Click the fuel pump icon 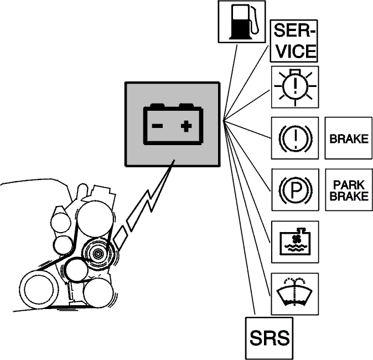pos(242,22)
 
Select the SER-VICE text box pos(294,41)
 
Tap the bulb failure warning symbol pos(295,87)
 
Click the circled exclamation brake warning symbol pos(295,138)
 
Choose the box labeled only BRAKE pos(349,138)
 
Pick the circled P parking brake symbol pos(295,190)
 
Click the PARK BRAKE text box pos(349,190)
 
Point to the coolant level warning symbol pos(295,242)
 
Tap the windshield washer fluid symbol pos(295,294)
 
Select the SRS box pos(270,338)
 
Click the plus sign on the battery pos(186,126)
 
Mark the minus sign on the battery pos(157,126)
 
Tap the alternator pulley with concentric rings pos(97,254)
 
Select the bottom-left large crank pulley pos(39,290)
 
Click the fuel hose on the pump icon pos(254,20)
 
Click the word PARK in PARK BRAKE pos(349,185)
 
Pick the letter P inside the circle pos(296,190)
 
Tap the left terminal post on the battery pos(157,105)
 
